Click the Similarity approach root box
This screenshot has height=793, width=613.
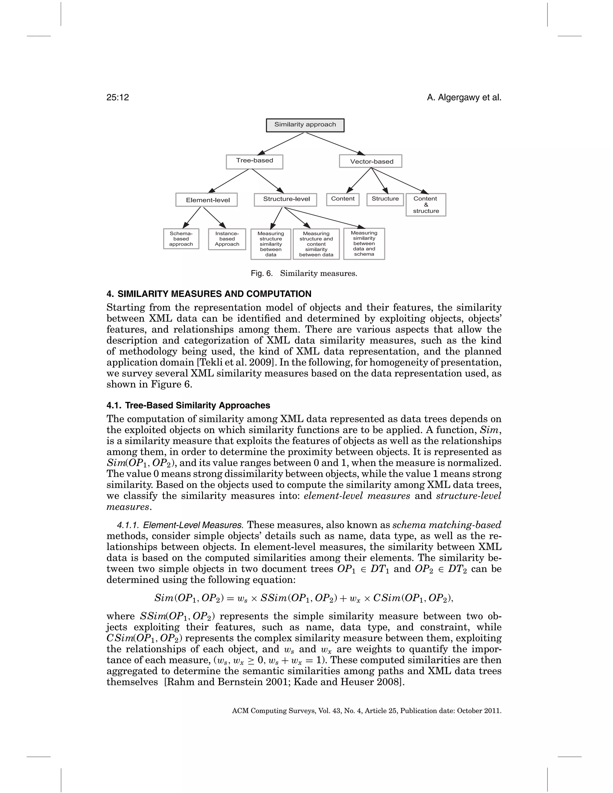[x=305, y=125]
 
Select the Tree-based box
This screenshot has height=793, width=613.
[x=254, y=162]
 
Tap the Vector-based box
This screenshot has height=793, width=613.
[x=371, y=161]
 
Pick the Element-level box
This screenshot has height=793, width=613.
[x=207, y=200]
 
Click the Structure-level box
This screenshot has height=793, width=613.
[x=285, y=199]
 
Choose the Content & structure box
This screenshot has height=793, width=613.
[x=426, y=205]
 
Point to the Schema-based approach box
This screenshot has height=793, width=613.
[x=181, y=238]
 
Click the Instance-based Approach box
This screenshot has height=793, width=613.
[x=227, y=239]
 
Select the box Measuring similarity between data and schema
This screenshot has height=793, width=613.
[x=364, y=243]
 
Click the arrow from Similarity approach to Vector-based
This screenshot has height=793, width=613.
[x=334, y=143]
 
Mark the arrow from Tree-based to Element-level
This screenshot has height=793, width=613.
[x=229, y=181]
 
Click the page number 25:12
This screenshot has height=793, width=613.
[x=118, y=97]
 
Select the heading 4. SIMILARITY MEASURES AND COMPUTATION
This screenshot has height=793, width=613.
[x=209, y=294]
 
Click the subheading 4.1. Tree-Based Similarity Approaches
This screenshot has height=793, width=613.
[x=188, y=405]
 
